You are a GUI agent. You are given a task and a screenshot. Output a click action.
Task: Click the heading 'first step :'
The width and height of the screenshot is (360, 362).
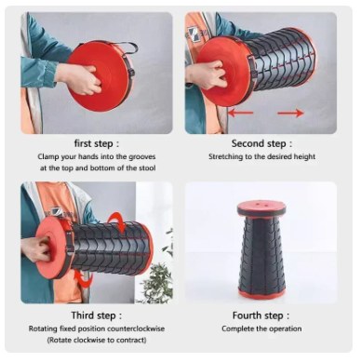tap(96, 144)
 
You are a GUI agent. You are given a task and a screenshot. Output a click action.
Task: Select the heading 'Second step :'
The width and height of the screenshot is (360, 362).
tap(261, 143)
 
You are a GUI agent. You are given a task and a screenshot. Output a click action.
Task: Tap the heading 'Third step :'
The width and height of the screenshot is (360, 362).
tap(97, 315)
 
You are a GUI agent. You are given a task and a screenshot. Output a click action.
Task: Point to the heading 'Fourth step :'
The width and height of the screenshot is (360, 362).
tap(261, 315)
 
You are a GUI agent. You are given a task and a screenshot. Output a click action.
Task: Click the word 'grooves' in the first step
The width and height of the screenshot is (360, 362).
tap(141, 157)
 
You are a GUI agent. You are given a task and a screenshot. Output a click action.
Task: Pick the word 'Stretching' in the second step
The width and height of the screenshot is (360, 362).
tap(225, 156)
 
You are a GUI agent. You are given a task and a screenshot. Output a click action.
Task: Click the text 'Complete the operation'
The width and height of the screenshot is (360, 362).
tap(261, 328)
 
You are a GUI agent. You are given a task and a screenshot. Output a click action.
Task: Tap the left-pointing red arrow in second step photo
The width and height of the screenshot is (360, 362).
tap(241, 113)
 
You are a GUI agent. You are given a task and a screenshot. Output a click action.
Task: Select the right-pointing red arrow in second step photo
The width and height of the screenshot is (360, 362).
tap(290, 114)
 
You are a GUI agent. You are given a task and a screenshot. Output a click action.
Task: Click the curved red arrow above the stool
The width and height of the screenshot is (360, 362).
tap(119, 221)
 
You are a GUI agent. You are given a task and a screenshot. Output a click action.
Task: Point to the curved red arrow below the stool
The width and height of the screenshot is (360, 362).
tap(84, 279)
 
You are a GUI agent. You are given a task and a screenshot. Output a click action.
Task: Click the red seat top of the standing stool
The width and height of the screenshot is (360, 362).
tap(261, 208)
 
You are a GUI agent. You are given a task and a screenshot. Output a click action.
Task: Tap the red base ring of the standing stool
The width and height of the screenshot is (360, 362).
tap(261, 294)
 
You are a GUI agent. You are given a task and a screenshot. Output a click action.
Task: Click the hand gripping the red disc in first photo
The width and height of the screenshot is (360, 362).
tap(79, 78)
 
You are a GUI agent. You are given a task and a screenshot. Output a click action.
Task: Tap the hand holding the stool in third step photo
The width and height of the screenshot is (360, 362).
tap(36, 248)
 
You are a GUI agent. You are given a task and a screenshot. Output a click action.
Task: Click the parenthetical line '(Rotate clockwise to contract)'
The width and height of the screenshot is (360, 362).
tap(97, 340)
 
